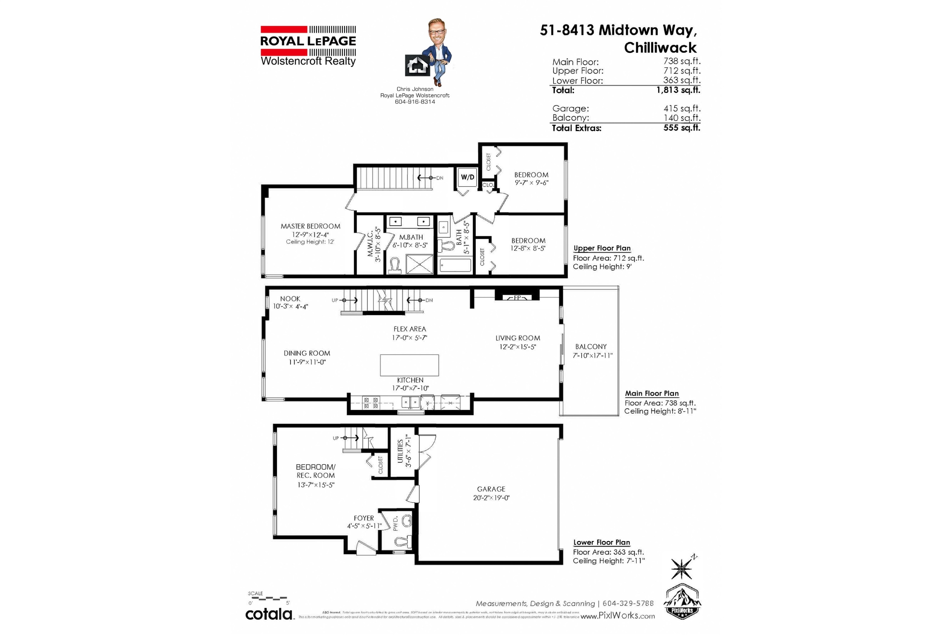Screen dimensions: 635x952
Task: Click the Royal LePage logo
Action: pos(308,46)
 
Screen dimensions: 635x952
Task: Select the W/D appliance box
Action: pos(467,177)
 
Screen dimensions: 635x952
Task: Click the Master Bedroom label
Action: pos(310,226)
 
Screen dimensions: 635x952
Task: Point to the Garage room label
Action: pos(491,489)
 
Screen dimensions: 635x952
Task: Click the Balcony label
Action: pos(591,347)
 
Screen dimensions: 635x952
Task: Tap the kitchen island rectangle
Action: pos(409,365)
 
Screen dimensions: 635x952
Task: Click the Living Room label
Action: pos(518,338)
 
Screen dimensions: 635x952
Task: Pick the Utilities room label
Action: pos(400,451)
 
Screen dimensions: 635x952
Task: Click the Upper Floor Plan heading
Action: pos(602,248)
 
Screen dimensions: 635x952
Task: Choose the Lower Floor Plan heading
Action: pos(601,542)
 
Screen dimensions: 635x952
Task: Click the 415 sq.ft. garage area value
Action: pos(682,109)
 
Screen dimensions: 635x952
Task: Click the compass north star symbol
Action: pos(682,568)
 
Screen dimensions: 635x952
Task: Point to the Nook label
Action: pos(290,299)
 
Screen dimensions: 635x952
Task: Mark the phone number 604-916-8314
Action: pos(415,102)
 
